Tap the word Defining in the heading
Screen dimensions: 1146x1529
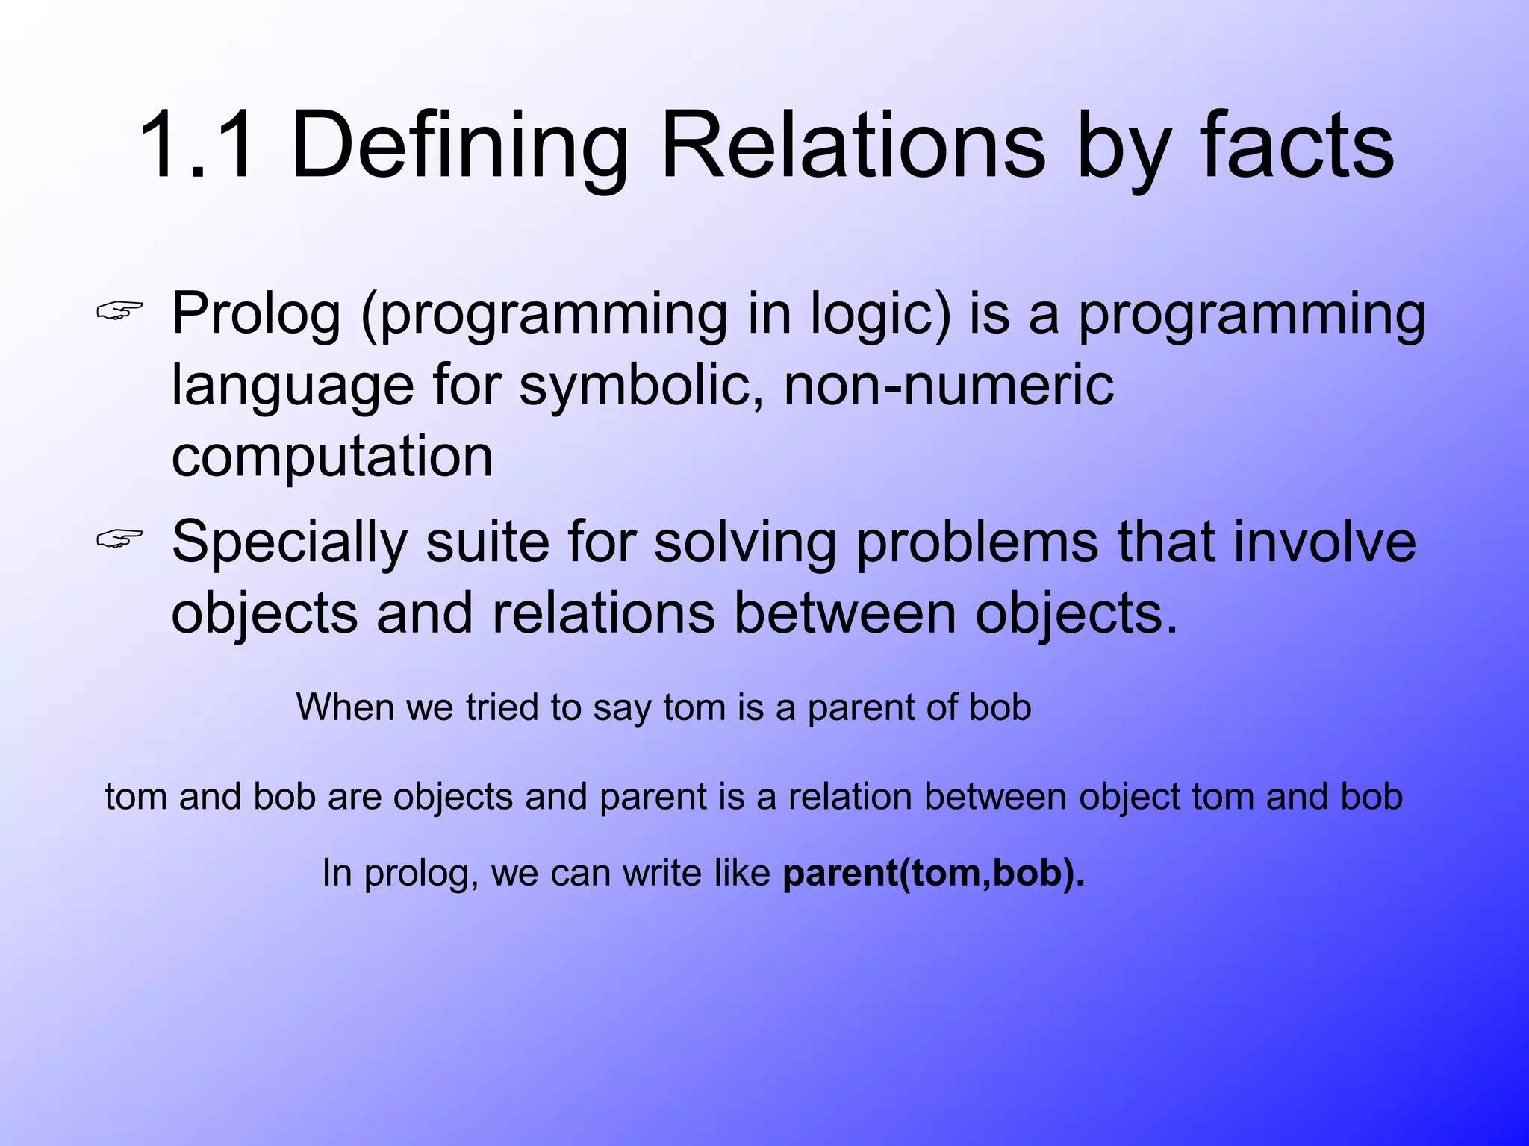[460, 145]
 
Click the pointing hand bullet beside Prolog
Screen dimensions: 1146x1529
[119, 313]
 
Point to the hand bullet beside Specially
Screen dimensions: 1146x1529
[119, 539]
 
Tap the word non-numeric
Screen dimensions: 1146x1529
[948, 385]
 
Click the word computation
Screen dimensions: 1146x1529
[332, 456]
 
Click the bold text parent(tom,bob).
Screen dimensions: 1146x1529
[933, 872]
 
